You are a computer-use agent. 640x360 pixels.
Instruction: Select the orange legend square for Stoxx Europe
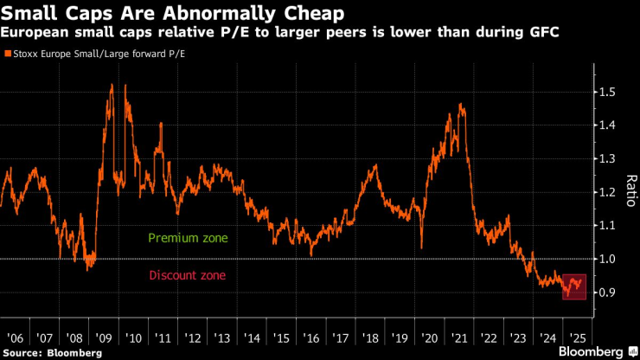click(x=8, y=54)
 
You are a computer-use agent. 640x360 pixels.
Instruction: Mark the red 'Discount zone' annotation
click(x=188, y=276)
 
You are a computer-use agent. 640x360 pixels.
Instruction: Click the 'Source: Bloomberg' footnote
click(x=53, y=352)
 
